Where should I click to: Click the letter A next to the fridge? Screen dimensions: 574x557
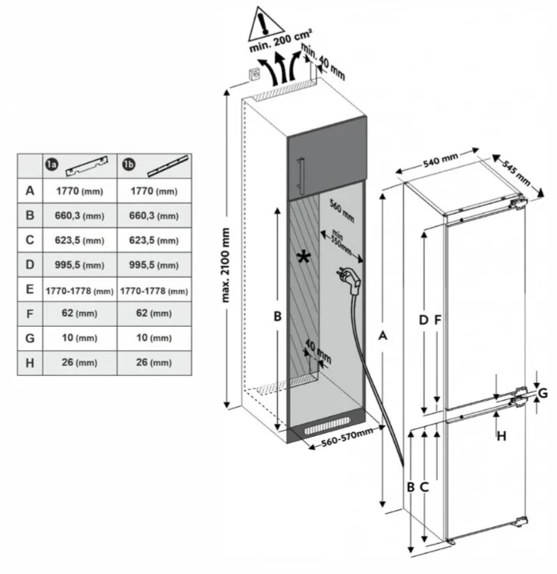pyautogui.click(x=382, y=335)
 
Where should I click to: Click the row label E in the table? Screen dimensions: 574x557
pyautogui.click(x=30, y=290)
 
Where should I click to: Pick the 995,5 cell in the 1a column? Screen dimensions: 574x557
pyautogui.click(x=79, y=265)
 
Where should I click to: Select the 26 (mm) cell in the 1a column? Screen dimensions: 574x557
pyautogui.click(x=79, y=363)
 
